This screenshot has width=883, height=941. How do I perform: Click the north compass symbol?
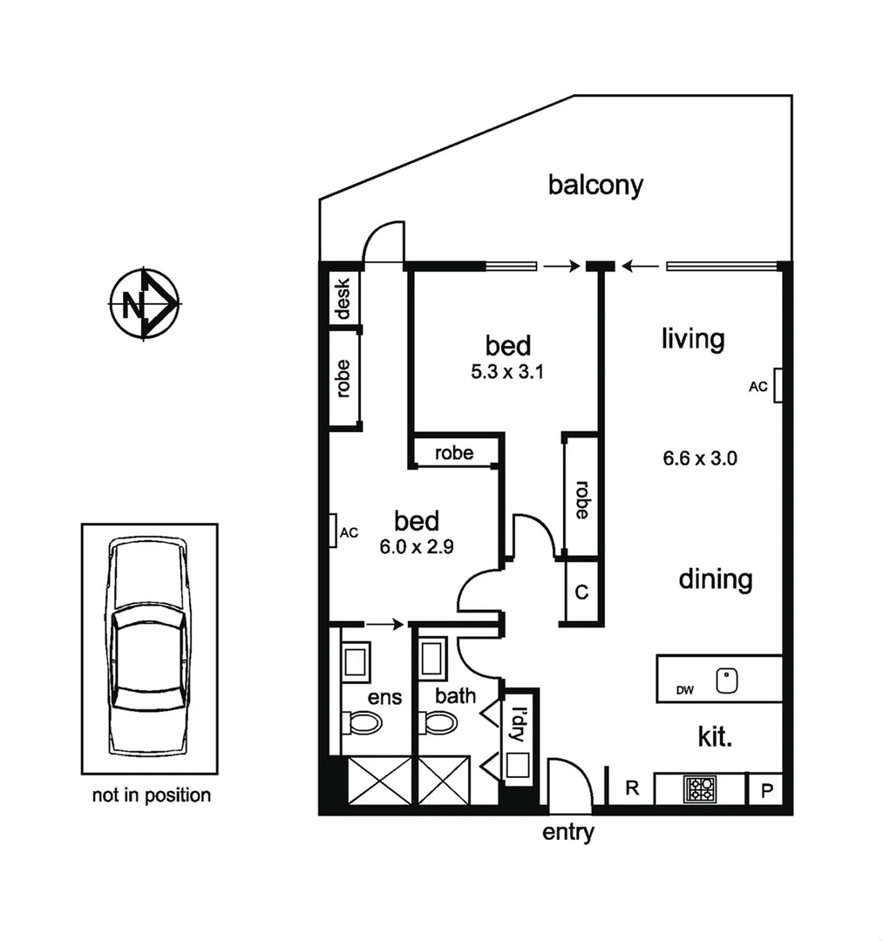point(144,304)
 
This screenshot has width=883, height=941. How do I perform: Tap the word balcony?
point(595,186)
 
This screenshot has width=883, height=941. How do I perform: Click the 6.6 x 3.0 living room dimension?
point(700,458)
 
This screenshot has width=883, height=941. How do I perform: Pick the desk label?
point(343,299)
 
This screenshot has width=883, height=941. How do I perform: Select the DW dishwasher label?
point(684,691)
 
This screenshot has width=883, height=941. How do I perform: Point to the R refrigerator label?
point(633,789)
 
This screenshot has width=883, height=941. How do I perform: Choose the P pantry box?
point(767,790)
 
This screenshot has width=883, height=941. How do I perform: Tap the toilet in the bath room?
point(441,722)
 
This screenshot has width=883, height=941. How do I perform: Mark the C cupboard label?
point(581,592)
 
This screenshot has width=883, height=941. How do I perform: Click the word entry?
point(568,832)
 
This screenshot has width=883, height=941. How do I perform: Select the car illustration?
point(149,647)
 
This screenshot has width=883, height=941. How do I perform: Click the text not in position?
point(151,795)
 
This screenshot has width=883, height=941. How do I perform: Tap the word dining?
point(715,579)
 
